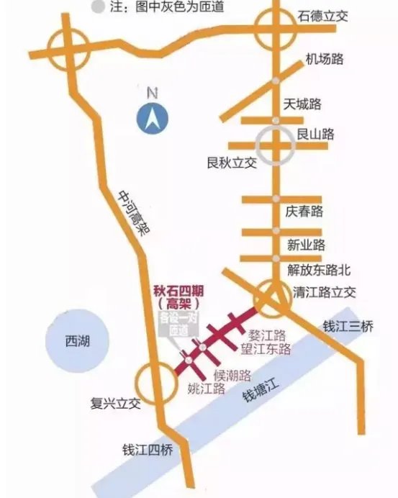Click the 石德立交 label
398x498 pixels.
[x=323, y=16]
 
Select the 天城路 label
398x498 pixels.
[x=302, y=104]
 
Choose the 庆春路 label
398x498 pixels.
[x=304, y=212]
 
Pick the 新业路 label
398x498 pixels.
[x=307, y=245]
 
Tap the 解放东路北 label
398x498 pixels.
[x=319, y=271]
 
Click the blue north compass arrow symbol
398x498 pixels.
[x=152, y=117]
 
